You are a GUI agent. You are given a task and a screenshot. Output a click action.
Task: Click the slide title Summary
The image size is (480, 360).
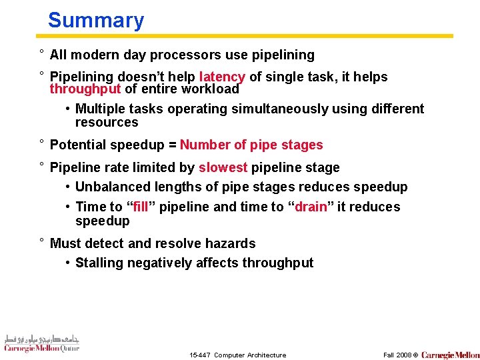(x=95, y=20)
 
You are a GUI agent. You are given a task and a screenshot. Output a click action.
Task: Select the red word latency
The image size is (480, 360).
(x=222, y=77)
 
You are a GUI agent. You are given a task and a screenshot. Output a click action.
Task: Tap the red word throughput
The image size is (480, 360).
(x=85, y=89)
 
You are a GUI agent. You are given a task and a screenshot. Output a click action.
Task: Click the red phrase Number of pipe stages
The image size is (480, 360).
(x=251, y=145)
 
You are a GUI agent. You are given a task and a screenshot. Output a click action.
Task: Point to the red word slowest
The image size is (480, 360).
(x=223, y=167)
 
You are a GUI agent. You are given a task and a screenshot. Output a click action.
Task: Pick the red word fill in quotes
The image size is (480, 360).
(x=141, y=207)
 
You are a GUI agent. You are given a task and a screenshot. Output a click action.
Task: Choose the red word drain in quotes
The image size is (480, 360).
(x=311, y=207)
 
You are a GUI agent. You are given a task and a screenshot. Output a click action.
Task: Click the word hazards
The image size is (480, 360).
(x=231, y=243)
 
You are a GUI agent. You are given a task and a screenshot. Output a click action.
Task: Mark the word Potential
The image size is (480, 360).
(x=78, y=145)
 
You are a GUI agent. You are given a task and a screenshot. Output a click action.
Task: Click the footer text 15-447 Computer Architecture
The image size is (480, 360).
(x=237, y=355)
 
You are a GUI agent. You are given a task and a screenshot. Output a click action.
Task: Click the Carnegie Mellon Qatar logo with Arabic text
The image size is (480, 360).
(x=41, y=343)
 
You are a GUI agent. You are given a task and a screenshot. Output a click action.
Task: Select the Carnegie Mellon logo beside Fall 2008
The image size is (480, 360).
(x=450, y=355)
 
